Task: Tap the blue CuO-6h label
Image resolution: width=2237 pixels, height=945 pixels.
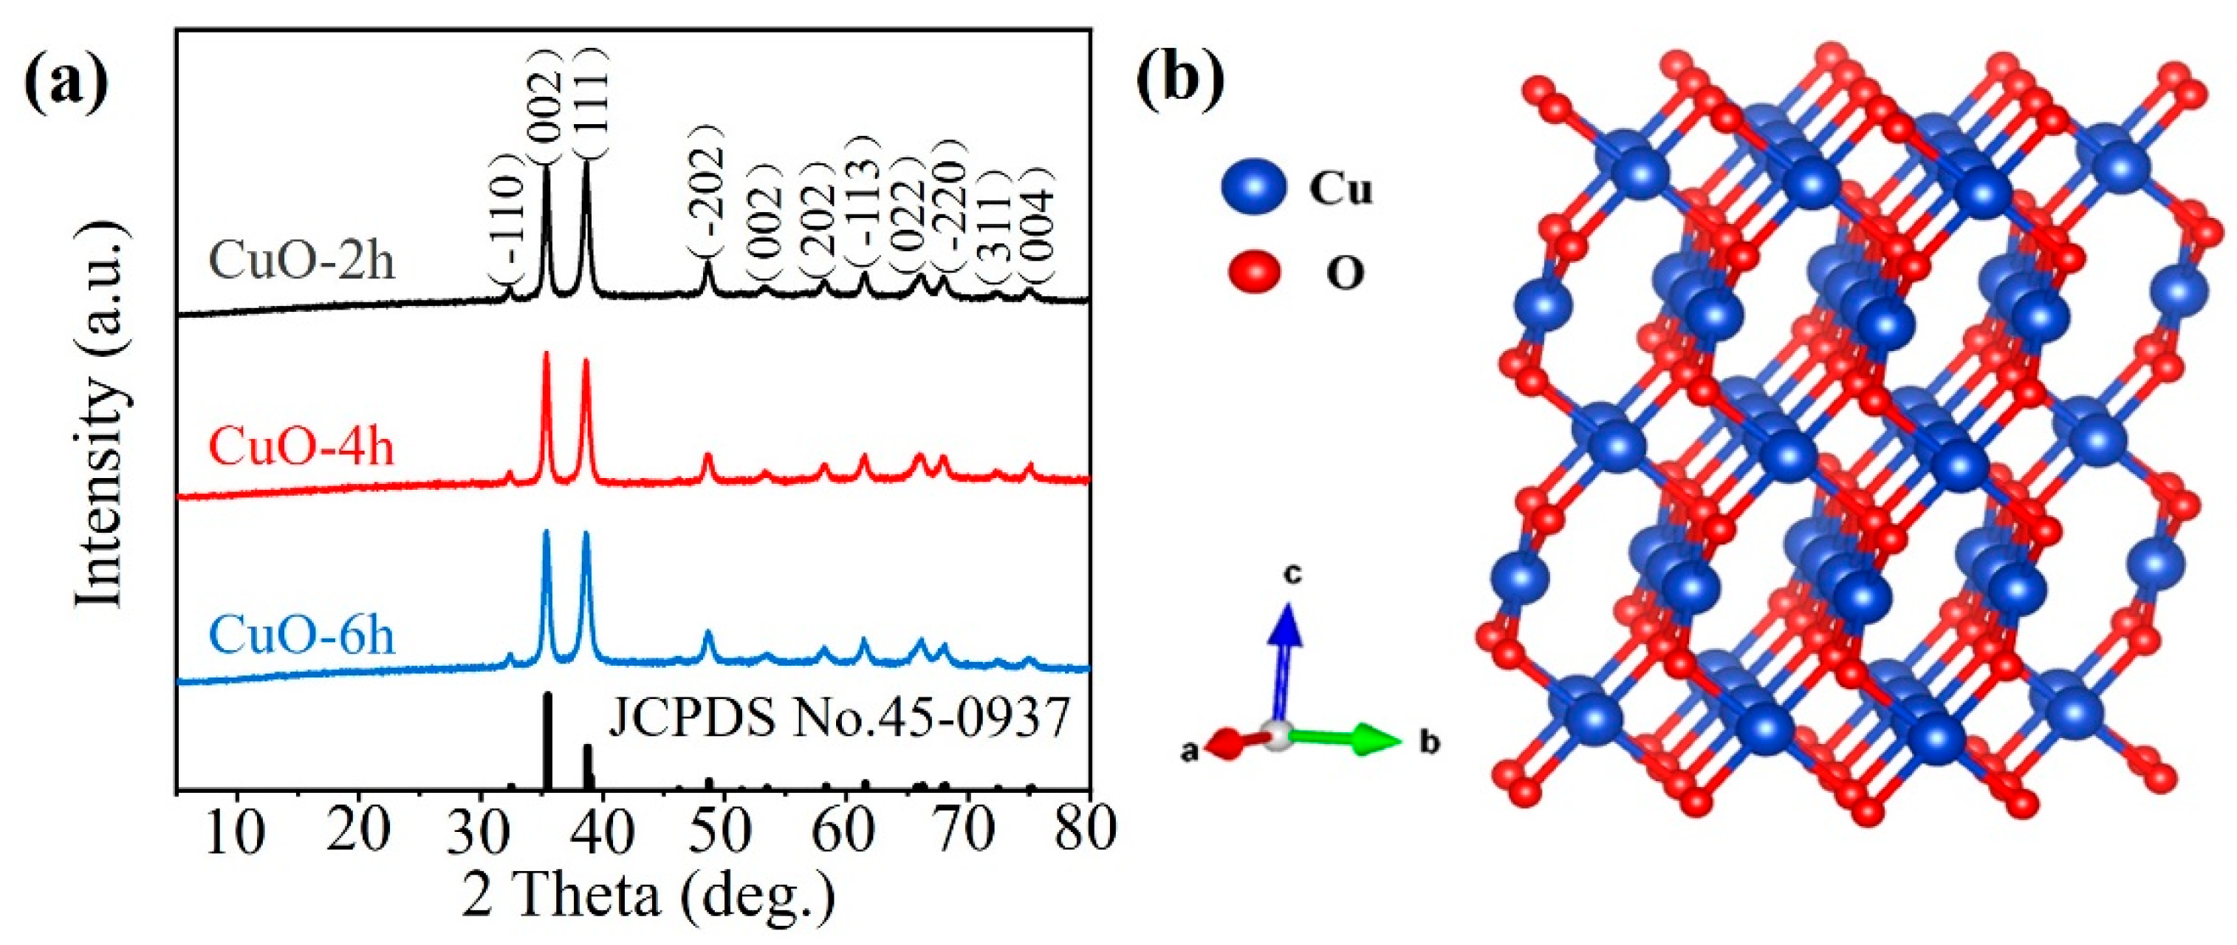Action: point(302,635)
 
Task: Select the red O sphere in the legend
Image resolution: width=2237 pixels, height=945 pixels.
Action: point(1254,274)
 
